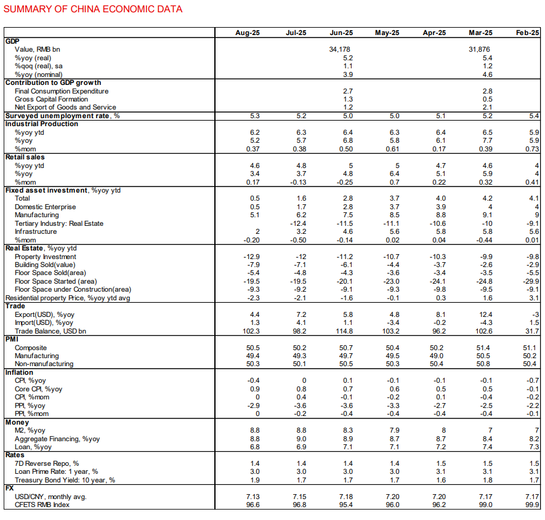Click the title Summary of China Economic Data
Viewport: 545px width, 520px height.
[x=93, y=9]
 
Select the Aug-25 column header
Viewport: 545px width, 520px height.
[x=248, y=33]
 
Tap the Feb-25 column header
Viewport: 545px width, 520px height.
[x=528, y=33]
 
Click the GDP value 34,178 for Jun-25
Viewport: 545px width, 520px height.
[x=339, y=49]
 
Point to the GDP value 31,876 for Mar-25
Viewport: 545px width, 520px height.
[x=479, y=49]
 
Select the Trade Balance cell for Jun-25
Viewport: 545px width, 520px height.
[x=344, y=331]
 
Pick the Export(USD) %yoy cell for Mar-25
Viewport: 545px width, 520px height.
[x=485, y=314]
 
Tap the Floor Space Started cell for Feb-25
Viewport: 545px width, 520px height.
[x=531, y=281]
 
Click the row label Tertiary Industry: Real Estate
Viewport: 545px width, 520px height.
[x=59, y=223]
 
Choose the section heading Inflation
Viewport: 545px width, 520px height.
[x=19, y=372]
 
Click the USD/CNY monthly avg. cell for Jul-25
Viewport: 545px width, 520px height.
[x=300, y=497]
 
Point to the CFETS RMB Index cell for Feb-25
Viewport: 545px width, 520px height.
[x=533, y=505]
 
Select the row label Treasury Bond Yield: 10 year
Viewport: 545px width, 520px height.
[x=65, y=480]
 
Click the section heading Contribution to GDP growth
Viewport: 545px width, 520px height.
[x=53, y=82]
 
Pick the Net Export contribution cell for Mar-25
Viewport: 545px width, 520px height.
[x=488, y=107]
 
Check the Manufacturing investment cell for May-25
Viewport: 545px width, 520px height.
[x=395, y=215]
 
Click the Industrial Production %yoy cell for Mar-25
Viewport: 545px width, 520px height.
[x=488, y=141]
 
